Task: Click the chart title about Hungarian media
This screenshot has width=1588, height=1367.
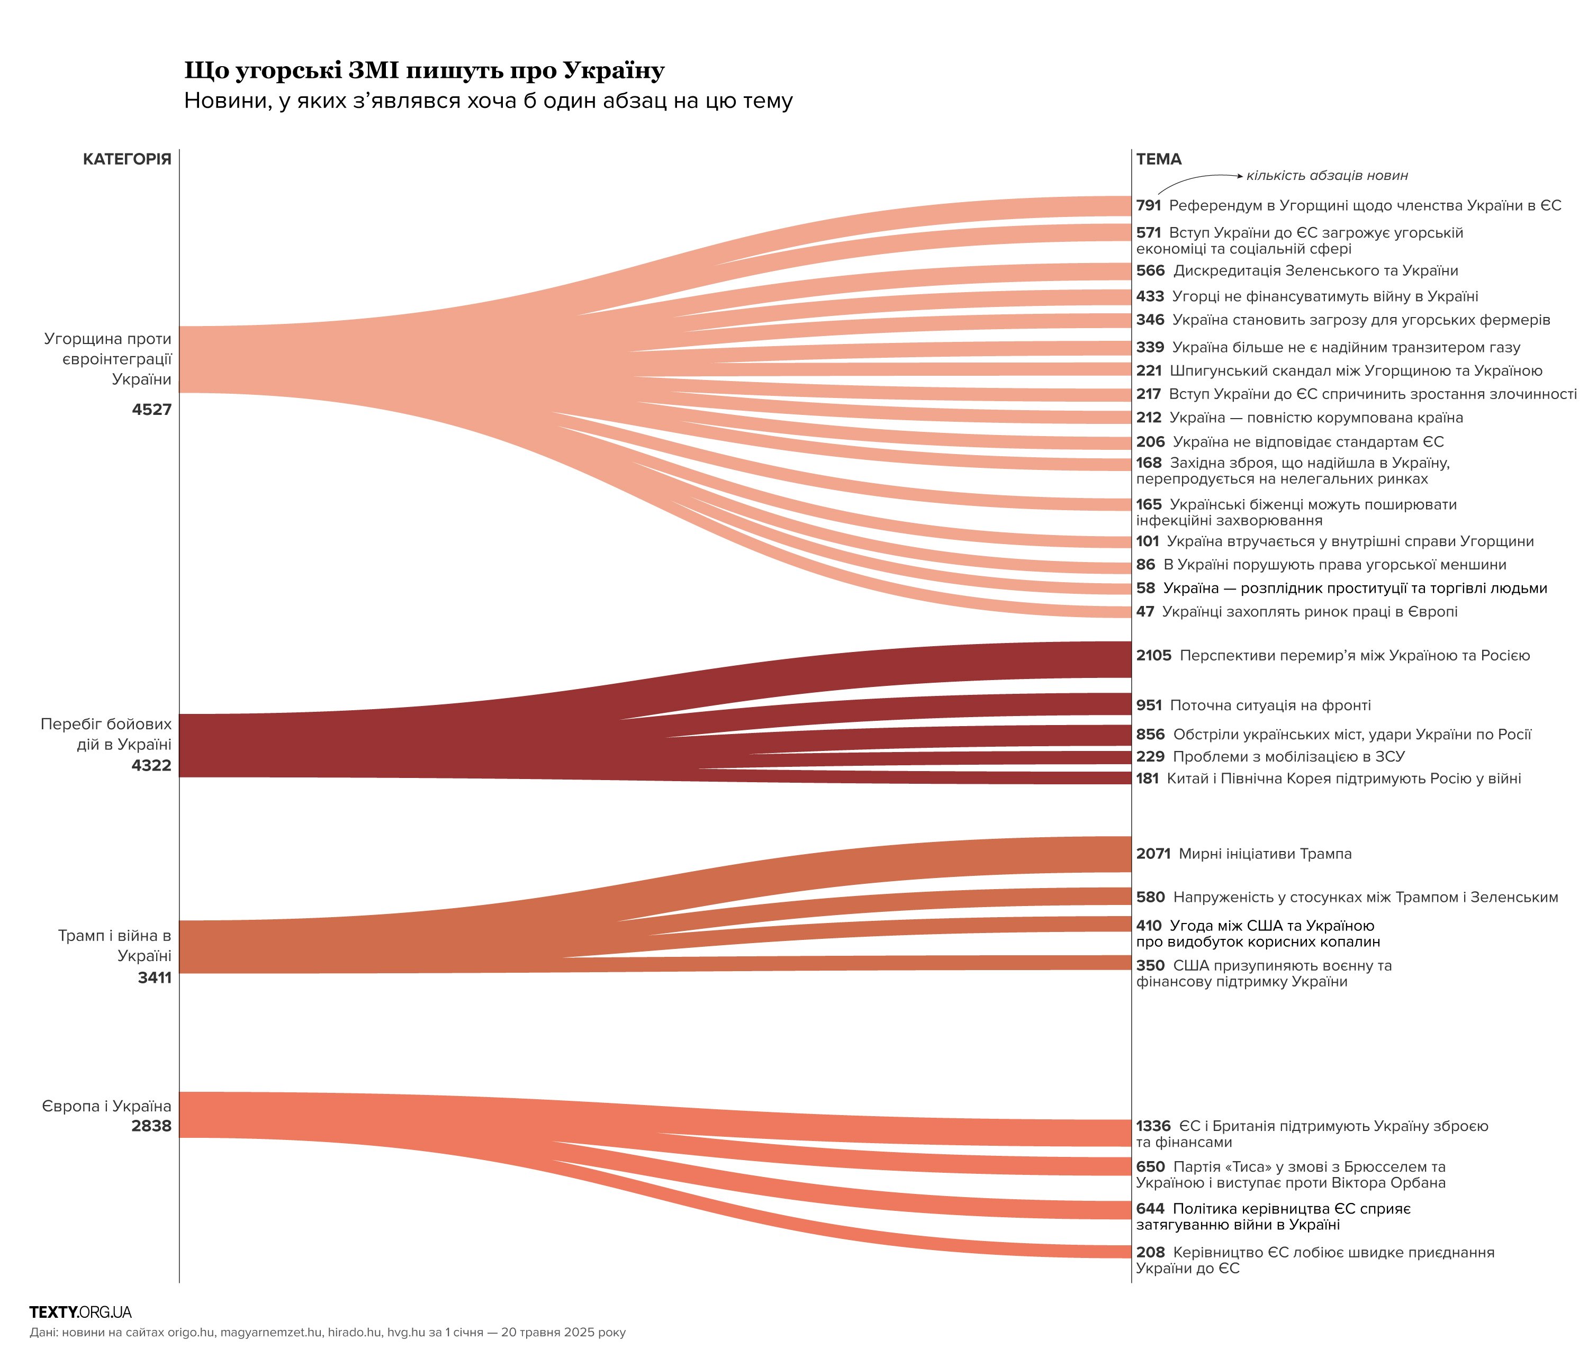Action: coord(424,70)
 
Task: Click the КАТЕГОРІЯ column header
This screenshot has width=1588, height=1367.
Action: coord(127,159)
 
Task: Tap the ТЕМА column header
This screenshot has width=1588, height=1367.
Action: coord(1159,159)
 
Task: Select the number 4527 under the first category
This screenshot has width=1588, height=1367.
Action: coord(152,409)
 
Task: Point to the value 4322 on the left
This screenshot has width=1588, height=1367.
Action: coord(152,765)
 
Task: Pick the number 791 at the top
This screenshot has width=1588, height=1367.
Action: coord(1149,205)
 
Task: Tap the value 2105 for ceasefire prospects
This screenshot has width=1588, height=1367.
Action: coord(1153,655)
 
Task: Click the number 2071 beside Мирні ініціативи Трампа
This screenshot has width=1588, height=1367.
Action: coord(1153,854)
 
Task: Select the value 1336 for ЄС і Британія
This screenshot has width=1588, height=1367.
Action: coord(1153,1126)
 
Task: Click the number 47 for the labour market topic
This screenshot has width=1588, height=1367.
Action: coord(1145,611)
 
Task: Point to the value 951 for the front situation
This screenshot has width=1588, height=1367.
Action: coord(1149,705)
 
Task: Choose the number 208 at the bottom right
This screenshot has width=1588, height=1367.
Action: coord(1150,1252)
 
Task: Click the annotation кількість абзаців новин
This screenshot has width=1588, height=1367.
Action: coord(1327,176)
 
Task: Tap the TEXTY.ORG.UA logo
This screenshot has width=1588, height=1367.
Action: coord(80,1312)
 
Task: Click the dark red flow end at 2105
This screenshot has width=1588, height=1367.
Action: coord(1104,660)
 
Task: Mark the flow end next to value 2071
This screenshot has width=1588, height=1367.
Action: coord(1104,854)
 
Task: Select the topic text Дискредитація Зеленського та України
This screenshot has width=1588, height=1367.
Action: coord(1315,270)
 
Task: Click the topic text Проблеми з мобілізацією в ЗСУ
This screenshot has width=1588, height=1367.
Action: coord(1289,756)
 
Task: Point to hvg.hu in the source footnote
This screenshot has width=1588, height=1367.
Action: coord(405,1333)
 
